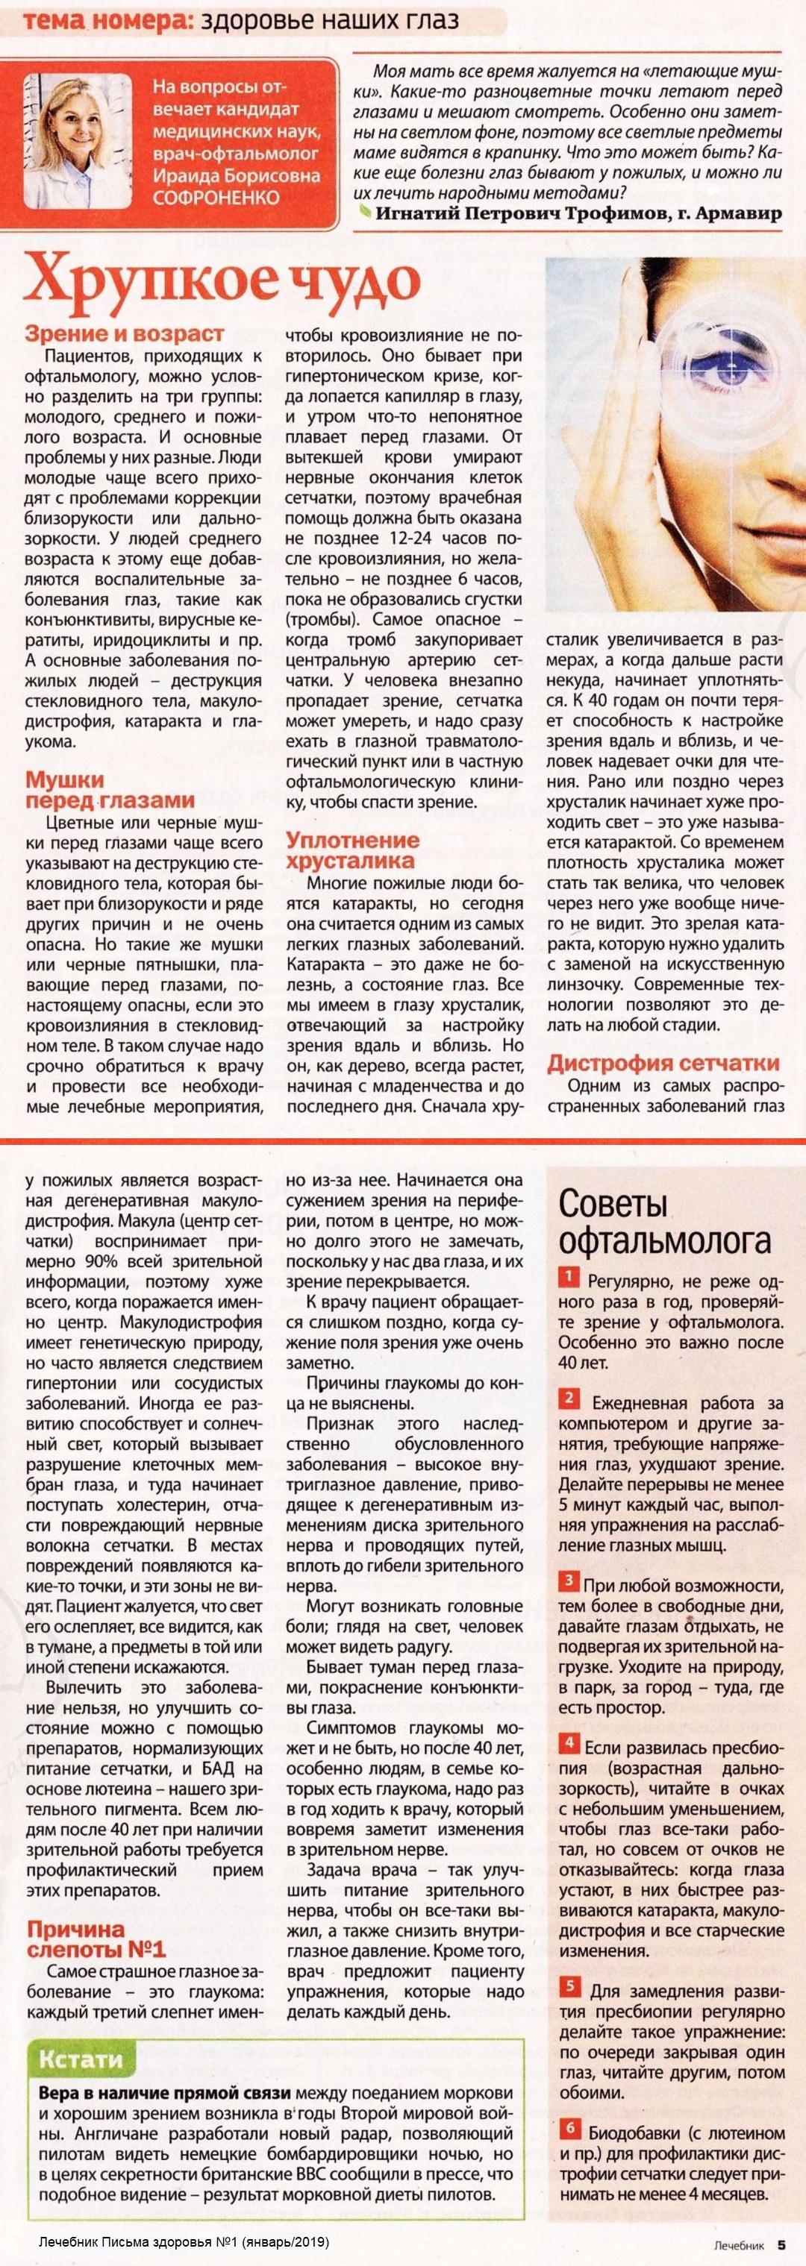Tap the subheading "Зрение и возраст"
[124, 334]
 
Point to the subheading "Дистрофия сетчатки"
[663, 1064]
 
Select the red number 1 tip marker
[569, 1277]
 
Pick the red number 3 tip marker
[569, 1584]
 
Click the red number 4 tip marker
[569, 1742]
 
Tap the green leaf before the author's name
[364, 212]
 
